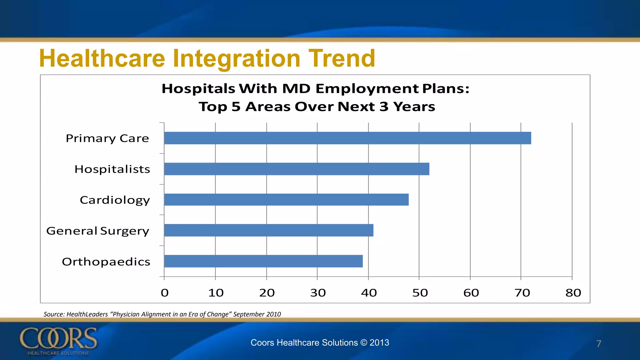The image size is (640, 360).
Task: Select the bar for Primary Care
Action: click(x=347, y=138)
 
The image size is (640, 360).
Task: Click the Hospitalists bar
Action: click(x=296, y=169)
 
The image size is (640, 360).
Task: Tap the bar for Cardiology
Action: click(x=286, y=200)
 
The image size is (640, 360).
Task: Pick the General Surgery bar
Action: click(x=268, y=230)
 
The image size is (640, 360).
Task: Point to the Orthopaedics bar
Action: click(x=263, y=261)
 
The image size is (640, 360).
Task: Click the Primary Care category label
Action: click(x=107, y=138)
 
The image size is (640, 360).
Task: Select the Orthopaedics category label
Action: click(x=106, y=262)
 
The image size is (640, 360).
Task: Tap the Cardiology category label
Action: click(x=115, y=200)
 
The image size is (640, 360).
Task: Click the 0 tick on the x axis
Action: click(x=165, y=293)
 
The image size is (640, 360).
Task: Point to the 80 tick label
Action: click(x=573, y=293)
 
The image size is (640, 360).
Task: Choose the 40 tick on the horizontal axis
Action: click(x=369, y=293)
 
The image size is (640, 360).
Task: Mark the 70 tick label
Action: click(x=522, y=293)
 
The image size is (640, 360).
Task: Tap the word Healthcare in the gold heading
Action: click(x=102, y=58)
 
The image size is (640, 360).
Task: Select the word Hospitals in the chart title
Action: click(x=198, y=89)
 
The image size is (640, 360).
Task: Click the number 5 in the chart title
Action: click(x=236, y=107)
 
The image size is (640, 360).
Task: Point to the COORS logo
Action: click(x=58, y=341)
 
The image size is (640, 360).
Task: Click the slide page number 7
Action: click(x=598, y=344)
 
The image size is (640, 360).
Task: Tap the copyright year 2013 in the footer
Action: click(x=379, y=342)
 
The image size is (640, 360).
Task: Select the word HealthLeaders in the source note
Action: click(x=87, y=314)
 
